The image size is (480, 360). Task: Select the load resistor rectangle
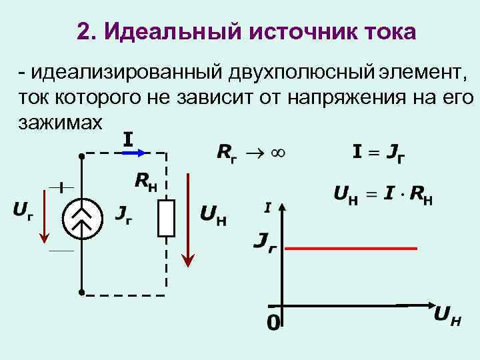(x=166, y=218)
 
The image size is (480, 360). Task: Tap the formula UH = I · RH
(x=383, y=195)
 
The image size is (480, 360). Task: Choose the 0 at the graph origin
(x=273, y=323)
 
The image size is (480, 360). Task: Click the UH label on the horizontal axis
(x=447, y=317)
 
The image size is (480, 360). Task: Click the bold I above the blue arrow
(x=128, y=139)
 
